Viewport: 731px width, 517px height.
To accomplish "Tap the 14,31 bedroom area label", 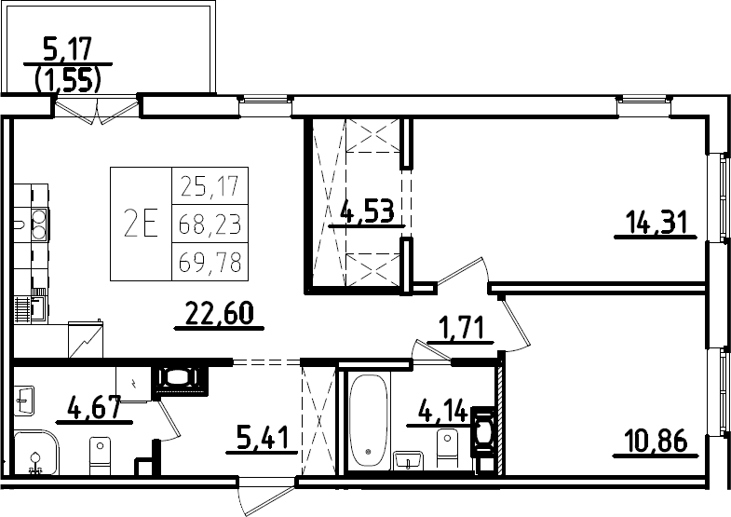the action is pyautogui.click(x=657, y=222).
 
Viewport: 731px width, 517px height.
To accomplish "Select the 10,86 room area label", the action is pyautogui.click(x=657, y=441).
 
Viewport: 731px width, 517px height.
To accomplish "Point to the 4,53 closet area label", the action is pyautogui.click(x=368, y=211).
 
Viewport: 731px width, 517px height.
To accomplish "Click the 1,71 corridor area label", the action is pyautogui.click(x=461, y=328).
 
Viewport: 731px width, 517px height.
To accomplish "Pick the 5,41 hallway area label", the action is pyautogui.click(x=263, y=438).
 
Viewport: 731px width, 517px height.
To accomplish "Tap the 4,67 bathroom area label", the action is pyautogui.click(x=95, y=408).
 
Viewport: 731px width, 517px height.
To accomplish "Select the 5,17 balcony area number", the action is pyautogui.click(x=68, y=49).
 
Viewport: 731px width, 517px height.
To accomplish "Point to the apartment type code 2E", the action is pyautogui.click(x=141, y=224).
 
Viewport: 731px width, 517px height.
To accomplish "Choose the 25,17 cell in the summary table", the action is pyautogui.click(x=210, y=186).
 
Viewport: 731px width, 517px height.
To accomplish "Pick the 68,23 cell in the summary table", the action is pyautogui.click(x=210, y=224).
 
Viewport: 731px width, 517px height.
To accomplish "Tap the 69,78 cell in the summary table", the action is pyautogui.click(x=210, y=262).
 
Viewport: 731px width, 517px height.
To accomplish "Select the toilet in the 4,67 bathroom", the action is pyautogui.click(x=100, y=456).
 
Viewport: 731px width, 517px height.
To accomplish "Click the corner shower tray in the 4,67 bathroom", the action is pyautogui.click(x=36, y=452).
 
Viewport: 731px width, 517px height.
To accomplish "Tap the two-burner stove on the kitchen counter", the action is pyautogui.click(x=39, y=224).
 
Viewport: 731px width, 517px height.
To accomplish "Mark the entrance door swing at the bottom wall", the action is pyautogui.click(x=265, y=495).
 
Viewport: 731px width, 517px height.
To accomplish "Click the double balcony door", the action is pyautogui.click(x=97, y=110).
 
